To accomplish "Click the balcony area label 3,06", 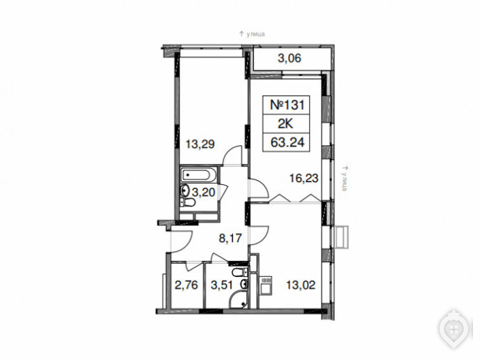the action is [x=290, y=58].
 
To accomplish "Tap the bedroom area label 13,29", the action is [x=200, y=144].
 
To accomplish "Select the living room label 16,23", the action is [x=304, y=177].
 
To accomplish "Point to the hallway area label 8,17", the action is [x=230, y=237].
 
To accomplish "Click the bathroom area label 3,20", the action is [x=203, y=193].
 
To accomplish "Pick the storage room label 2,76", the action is [x=186, y=285].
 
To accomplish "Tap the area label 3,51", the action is [x=222, y=285].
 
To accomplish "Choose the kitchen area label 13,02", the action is [x=301, y=285].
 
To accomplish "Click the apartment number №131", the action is [x=287, y=105].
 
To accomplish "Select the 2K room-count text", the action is [x=285, y=123].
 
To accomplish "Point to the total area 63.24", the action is [x=287, y=142].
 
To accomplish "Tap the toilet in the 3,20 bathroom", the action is [x=188, y=202].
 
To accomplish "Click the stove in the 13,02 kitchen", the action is [x=266, y=285].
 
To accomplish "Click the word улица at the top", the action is [x=255, y=34].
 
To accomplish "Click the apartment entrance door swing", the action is [x=181, y=242].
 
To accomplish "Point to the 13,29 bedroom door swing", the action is [x=232, y=156].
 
